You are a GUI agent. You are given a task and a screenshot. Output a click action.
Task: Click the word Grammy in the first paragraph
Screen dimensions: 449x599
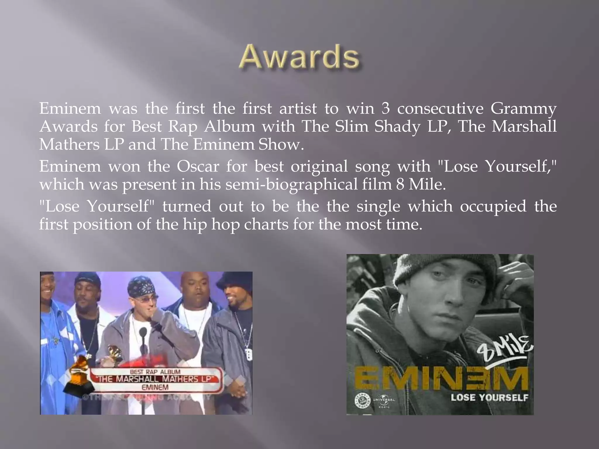[x=523, y=109]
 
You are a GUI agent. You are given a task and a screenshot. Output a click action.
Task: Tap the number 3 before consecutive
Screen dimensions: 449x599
[x=386, y=108]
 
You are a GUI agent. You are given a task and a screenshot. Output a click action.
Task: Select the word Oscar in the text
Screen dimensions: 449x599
[x=198, y=166]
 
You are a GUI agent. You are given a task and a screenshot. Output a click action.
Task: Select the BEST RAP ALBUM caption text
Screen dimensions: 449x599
[x=155, y=372]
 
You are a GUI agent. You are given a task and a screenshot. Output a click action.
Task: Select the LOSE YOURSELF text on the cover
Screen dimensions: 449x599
[x=489, y=398]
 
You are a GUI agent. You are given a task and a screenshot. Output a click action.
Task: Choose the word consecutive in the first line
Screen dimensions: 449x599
[x=440, y=109]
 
